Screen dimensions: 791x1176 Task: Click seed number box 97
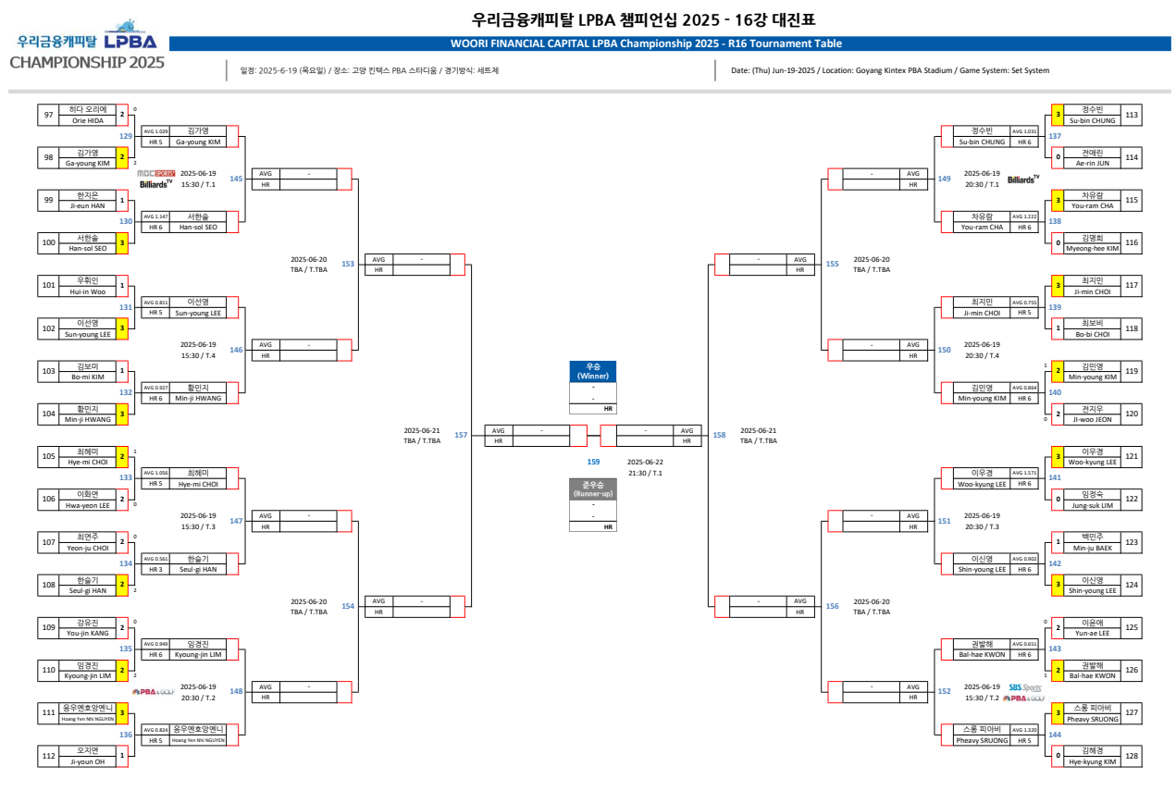(x=48, y=115)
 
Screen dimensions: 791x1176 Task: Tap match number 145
(x=236, y=179)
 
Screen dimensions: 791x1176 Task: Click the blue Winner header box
(x=592, y=371)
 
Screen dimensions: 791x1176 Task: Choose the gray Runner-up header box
(x=592, y=488)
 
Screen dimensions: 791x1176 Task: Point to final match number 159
(x=593, y=461)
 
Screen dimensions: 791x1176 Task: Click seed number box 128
(x=1132, y=756)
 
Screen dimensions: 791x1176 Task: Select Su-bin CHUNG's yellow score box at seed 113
(x=1058, y=115)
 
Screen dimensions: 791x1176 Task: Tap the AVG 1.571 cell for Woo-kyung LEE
(x=1024, y=473)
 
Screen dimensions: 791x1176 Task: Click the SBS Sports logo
(x=1024, y=687)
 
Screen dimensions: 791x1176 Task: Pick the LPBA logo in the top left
(x=130, y=41)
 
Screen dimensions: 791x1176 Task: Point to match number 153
(x=348, y=265)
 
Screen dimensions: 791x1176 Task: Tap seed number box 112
(x=48, y=756)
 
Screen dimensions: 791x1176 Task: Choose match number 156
(x=832, y=606)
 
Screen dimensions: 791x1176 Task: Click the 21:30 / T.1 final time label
(x=645, y=473)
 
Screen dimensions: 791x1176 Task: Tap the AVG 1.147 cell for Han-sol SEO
(x=155, y=216)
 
